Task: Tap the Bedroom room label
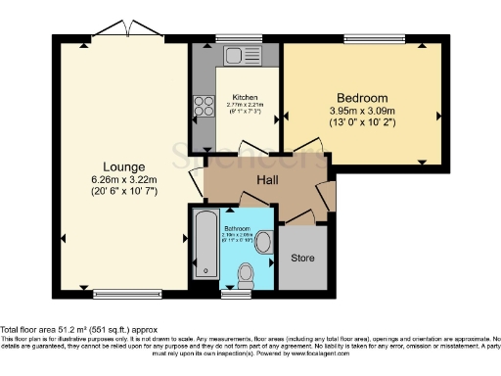click(362, 98)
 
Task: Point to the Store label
click(301, 258)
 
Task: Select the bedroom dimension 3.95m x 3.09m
click(362, 113)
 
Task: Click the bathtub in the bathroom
click(205, 245)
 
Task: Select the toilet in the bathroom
click(249, 272)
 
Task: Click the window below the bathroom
click(235, 292)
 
